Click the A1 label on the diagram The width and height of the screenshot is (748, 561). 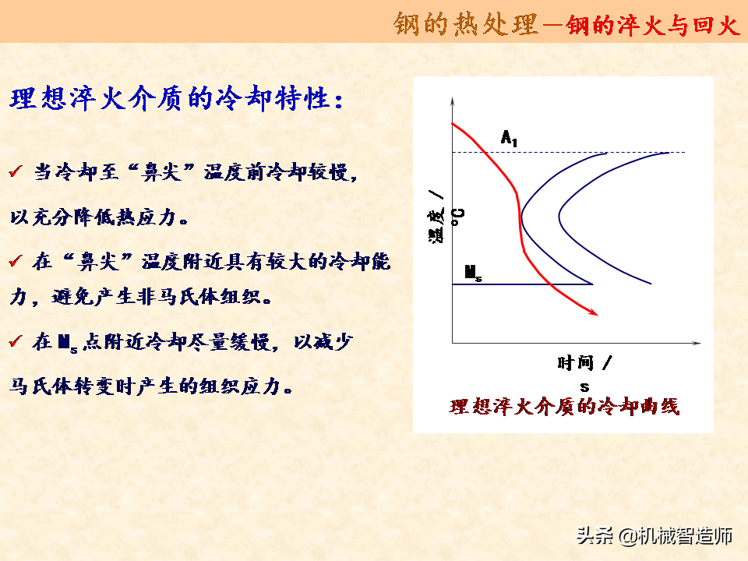click(x=509, y=138)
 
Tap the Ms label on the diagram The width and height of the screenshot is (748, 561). click(x=473, y=273)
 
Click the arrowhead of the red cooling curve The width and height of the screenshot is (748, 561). click(x=593, y=312)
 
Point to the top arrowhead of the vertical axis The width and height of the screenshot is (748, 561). click(x=452, y=101)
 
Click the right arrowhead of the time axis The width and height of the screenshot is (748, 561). click(x=697, y=343)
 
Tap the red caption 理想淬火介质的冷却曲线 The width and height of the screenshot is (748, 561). click(x=564, y=407)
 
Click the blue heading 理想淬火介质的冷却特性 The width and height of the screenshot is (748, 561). click(x=177, y=99)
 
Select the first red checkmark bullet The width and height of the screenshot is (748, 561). click(x=16, y=171)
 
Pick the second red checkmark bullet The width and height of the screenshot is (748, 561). click(x=16, y=260)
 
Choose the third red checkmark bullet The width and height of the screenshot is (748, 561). click(x=16, y=341)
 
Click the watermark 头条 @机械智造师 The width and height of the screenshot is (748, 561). click(x=654, y=535)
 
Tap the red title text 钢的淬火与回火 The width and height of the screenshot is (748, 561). click(x=653, y=24)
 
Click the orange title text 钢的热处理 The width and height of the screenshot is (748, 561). click(x=466, y=24)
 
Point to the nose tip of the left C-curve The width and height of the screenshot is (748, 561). click(x=522, y=217)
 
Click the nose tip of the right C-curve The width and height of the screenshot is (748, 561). click(x=559, y=217)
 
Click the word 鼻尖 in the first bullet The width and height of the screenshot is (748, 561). click(x=161, y=171)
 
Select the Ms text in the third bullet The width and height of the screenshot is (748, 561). click(x=68, y=343)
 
